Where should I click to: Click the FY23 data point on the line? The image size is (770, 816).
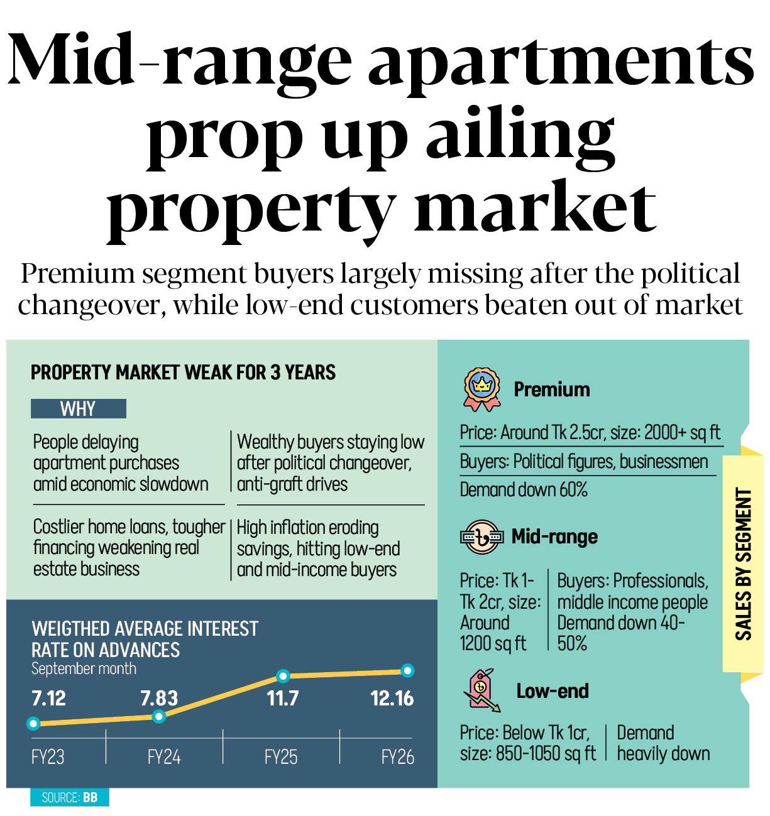tap(34, 724)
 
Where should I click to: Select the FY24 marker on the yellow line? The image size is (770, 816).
tap(159, 716)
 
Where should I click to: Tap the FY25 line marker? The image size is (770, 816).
tap(283, 676)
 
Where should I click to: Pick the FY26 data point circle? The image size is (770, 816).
tap(407, 671)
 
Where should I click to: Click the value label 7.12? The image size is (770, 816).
tap(49, 699)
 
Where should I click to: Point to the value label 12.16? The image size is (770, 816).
tap(392, 699)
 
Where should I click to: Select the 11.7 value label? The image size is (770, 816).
tap(283, 699)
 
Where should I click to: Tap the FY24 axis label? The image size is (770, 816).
tap(164, 757)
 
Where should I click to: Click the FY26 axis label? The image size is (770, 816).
tap(397, 757)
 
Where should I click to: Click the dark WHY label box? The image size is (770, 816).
tap(79, 409)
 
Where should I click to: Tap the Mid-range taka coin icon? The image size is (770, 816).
tap(481, 537)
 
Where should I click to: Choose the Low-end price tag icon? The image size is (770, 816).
tap(481, 690)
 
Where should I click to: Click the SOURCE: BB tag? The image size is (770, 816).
tap(69, 798)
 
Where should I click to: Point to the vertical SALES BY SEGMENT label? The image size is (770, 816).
tap(744, 563)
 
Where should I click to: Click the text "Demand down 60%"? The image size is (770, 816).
tap(524, 490)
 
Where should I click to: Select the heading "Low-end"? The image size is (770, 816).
tap(553, 691)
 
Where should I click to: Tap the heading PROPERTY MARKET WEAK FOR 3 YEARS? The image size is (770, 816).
tap(183, 373)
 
